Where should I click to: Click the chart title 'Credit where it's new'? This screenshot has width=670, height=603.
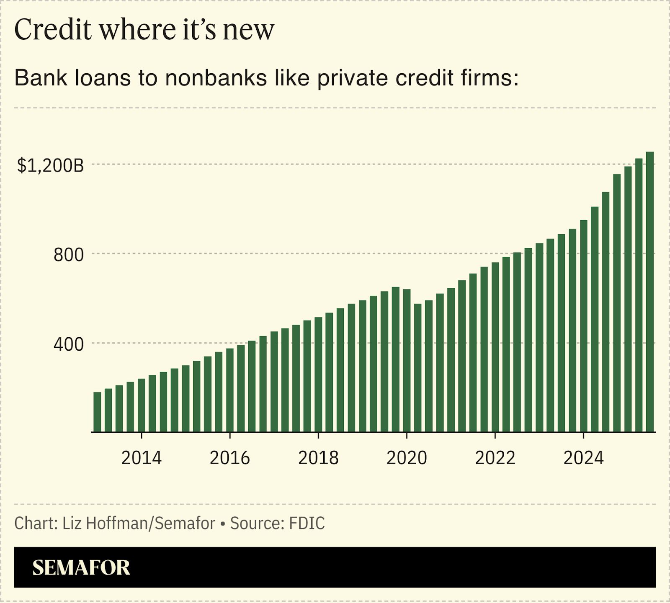click(x=144, y=30)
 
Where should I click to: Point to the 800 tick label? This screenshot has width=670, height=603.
click(x=69, y=255)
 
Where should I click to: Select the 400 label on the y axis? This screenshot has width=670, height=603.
click(x=69, y=344)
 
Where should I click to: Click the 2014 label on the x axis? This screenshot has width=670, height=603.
click(x=142, y=458)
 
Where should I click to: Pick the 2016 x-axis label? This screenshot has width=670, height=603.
click(x=230, y=458)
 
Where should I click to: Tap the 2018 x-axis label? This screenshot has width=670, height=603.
click(x=318, y=458)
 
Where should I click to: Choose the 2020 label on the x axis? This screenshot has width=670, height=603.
click(x=407, y=458)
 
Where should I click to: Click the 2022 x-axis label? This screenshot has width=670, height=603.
click(x=495, y=458)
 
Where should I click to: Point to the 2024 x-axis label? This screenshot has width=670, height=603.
click(x=583, y=458)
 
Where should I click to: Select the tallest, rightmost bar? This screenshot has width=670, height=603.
click(x=650, y=293)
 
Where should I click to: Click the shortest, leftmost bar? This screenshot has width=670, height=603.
click(x=97, y=412)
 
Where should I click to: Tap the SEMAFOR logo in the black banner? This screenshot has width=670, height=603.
click(x=81, y=568)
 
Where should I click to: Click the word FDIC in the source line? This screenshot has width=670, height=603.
click(x=307, y=523)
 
